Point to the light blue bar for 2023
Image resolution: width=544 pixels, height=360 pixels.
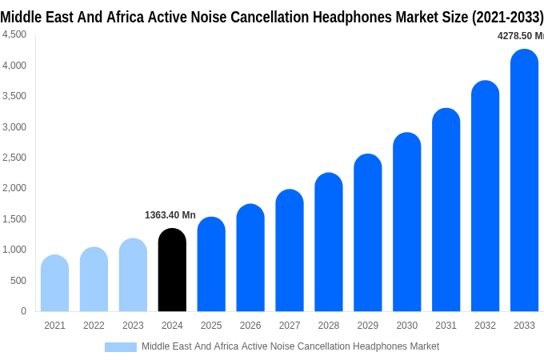click(133, 275)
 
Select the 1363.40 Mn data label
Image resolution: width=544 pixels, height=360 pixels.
click(170, 215)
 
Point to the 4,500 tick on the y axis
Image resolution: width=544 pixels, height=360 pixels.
click(14, 34)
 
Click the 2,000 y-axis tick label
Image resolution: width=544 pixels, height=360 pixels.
click(14, 188)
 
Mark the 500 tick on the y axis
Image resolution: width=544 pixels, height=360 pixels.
click(18, 281)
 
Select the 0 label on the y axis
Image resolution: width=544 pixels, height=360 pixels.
click(23, 311)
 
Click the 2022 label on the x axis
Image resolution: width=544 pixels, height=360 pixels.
click(94, 326)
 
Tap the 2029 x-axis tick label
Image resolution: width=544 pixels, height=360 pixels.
click(368, 326)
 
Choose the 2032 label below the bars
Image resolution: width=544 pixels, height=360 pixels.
click(485, 326)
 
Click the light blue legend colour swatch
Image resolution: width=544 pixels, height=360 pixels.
click(120, 347)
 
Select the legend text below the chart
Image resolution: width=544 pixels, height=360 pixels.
click(290, 346)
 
